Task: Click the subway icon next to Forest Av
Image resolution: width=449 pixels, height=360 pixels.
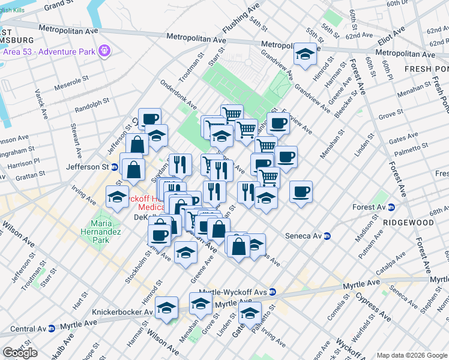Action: click(x=391, y=208)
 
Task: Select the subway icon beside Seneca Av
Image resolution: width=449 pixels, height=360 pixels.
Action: click(x=327, y=236)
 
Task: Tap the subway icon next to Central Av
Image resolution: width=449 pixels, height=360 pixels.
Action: click(x=52, y=328)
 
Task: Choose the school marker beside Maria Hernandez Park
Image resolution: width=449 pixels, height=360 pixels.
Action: click(x=117, y=197)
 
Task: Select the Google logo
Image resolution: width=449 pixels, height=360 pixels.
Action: click(x=20, y=353)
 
